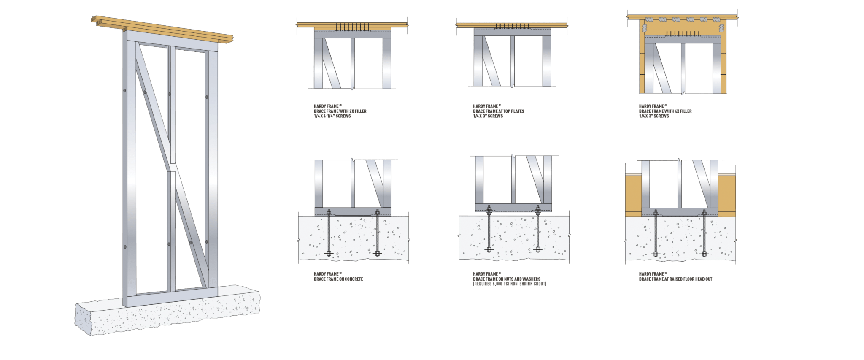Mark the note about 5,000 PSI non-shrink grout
509,284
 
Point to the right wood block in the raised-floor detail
727,194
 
